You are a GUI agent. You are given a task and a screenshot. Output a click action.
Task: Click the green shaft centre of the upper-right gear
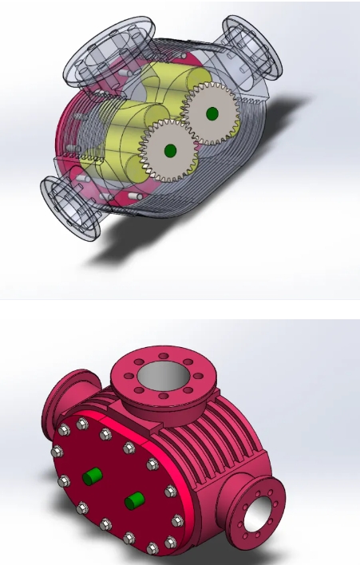(x=212, y=113)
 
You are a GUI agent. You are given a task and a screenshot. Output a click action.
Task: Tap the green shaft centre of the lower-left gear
(x=169, y=149)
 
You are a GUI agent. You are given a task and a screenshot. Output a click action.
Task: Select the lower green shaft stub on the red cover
(x=133, y=501)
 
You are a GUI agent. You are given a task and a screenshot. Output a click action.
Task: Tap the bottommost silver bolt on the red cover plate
(x=152, y=547)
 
